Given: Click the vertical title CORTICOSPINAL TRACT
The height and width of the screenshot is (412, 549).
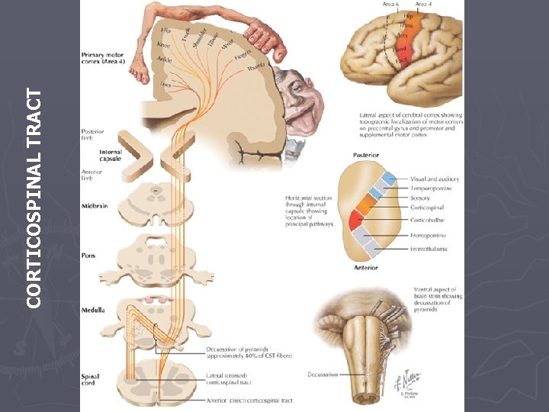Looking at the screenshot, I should click(34, 198).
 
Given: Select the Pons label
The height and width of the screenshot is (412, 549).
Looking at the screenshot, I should click(89, 256).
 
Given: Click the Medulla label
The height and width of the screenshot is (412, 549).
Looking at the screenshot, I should click(94, 310).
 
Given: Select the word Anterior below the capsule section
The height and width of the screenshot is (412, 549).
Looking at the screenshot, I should click(366, 268).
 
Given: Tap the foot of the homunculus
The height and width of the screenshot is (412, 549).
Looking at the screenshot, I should click(140, 72).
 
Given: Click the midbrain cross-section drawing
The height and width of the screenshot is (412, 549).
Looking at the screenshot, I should click(156, 202).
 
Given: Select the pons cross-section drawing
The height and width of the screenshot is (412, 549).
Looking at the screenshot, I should click(156, 256).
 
